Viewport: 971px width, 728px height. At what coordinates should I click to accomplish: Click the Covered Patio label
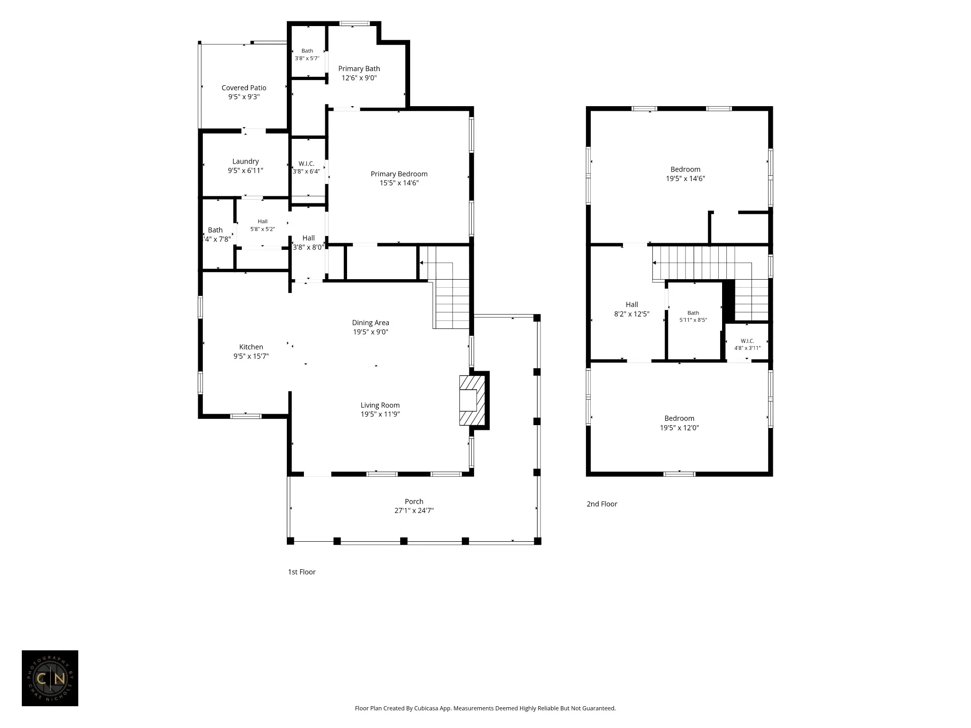[x=244, y=88]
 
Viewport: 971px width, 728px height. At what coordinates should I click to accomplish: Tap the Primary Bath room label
[x=359, y=69]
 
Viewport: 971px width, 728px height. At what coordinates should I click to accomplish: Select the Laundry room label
[x=246, y=162]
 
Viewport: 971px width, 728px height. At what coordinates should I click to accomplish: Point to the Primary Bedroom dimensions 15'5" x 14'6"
[x=399, y=183]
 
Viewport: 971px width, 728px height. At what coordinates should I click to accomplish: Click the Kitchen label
[x=251, y=347]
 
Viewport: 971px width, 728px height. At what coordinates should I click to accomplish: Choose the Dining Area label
[x=370, y=323]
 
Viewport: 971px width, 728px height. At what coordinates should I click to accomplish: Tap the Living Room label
[x=380, y=405]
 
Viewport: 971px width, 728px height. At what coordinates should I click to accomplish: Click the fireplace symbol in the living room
[x=472, y=400]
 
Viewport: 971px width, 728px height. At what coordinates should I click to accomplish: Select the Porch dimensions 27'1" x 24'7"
[x=414, y=510]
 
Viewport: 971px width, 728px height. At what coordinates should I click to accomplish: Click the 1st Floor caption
[x=302, y=572]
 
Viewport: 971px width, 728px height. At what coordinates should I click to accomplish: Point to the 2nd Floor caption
[x=602, y=504]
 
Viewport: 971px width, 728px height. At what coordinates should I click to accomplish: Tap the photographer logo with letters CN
[x=50, y=678]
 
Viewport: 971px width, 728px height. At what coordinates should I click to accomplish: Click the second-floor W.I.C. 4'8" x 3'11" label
[x=747, y=344]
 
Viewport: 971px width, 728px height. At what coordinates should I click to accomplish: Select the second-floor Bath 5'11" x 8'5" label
[x=693, y=316]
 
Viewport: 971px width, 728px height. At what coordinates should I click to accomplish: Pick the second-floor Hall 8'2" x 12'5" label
[x=632, y=309]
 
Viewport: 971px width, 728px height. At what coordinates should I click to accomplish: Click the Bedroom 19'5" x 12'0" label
[x=679, y=423]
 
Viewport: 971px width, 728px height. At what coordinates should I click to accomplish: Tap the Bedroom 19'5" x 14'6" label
[x=686, y=174]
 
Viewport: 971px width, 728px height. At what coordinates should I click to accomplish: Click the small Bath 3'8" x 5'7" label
[x=307, y=55]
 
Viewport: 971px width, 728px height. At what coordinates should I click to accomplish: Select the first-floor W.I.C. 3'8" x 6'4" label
[x=306, y=167]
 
